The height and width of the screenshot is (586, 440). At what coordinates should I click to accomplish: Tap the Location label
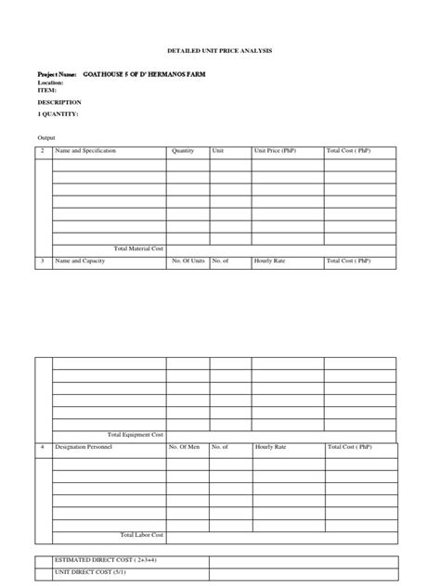tap(50, 82)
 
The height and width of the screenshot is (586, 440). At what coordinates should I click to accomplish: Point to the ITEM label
tap(46, 90)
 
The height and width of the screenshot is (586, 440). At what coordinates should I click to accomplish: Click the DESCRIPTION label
tap(59, 102)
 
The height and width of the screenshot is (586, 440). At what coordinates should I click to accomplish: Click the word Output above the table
tap(46, 137)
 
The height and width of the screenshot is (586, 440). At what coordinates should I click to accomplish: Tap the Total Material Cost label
tap(138, 248)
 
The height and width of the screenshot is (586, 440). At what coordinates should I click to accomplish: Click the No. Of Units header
tap(188, 261)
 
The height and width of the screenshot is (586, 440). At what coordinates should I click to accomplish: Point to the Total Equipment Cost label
tap(136, 434)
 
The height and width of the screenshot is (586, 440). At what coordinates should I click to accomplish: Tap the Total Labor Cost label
tap(142, 535)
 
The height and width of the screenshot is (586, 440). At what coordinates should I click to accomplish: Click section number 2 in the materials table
tap(42, 150)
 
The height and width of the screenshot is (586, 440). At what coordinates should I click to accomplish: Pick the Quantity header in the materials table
tap(183, 150)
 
